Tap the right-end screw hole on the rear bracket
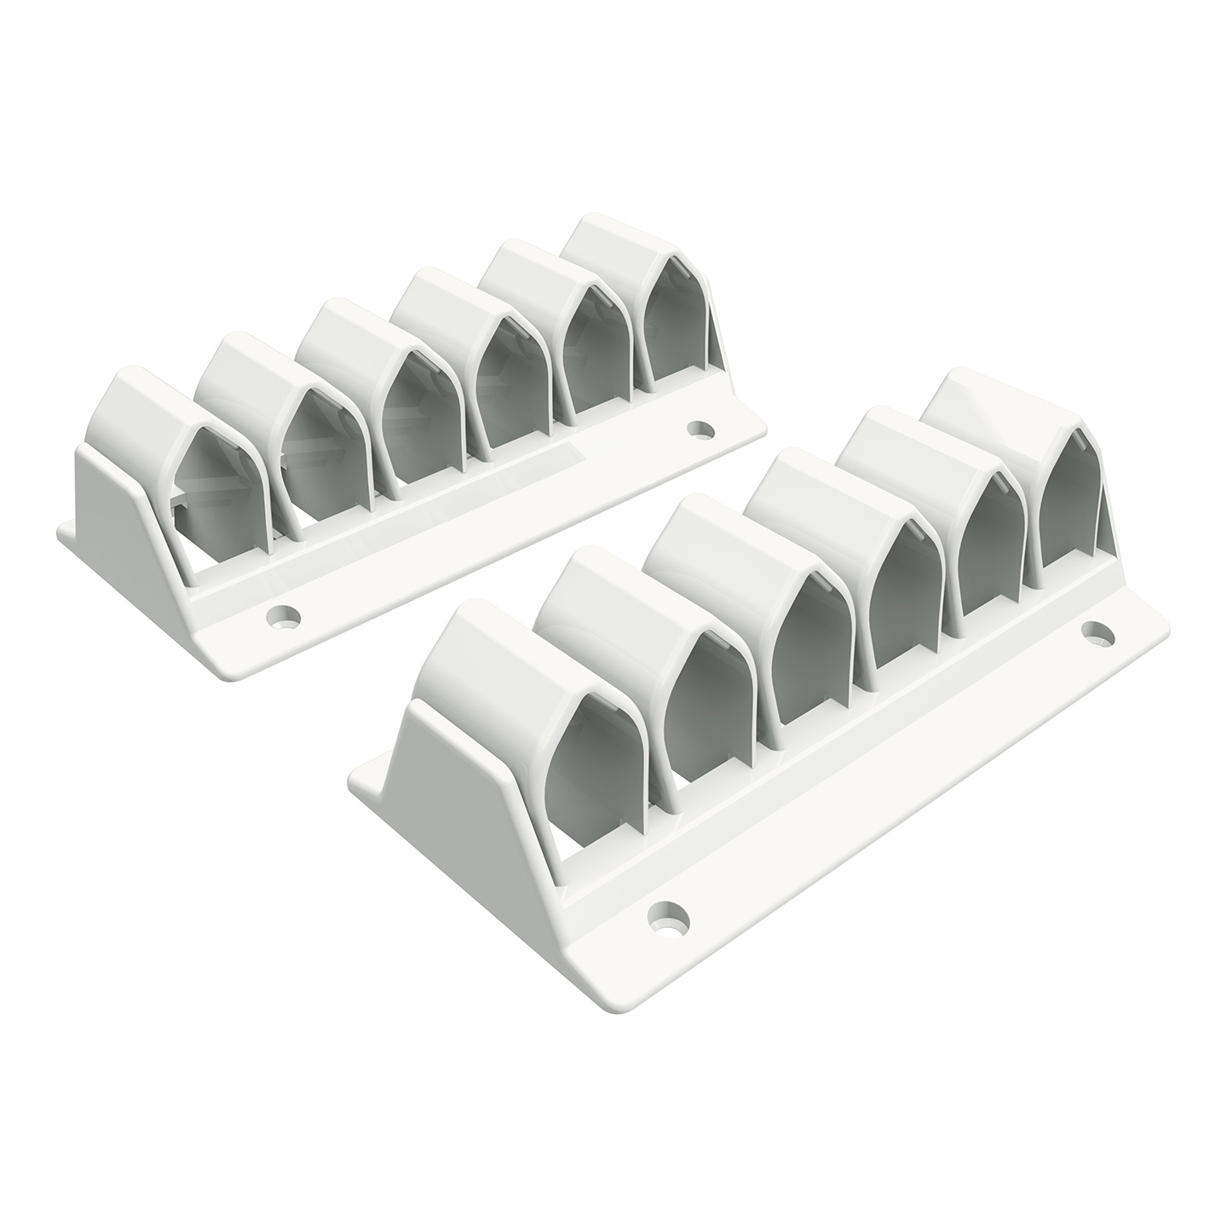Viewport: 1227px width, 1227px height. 700,428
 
